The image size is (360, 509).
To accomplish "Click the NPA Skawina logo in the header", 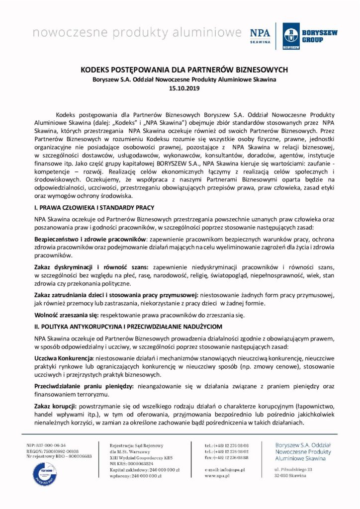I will point(260,35).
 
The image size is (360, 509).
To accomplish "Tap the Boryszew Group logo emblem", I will point(291,36).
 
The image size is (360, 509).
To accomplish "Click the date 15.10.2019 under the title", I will point(180,88).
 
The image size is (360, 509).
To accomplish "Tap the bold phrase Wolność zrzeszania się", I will point(66,315).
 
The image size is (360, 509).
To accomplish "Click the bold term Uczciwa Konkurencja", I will point(64,358).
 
